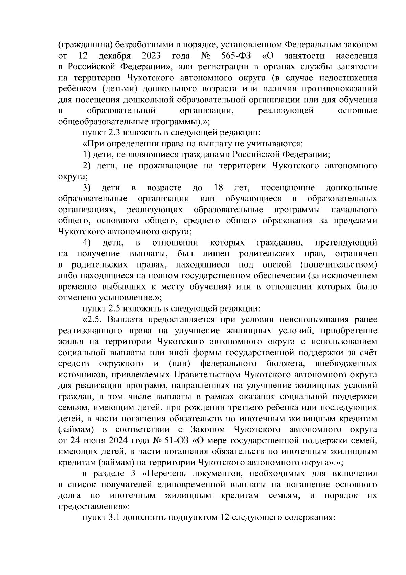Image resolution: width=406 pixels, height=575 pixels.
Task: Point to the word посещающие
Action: pyautogui.click(x=288, y=188)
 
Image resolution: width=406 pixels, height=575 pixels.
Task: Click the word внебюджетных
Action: pyautogui.click(x=346, y=364)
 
